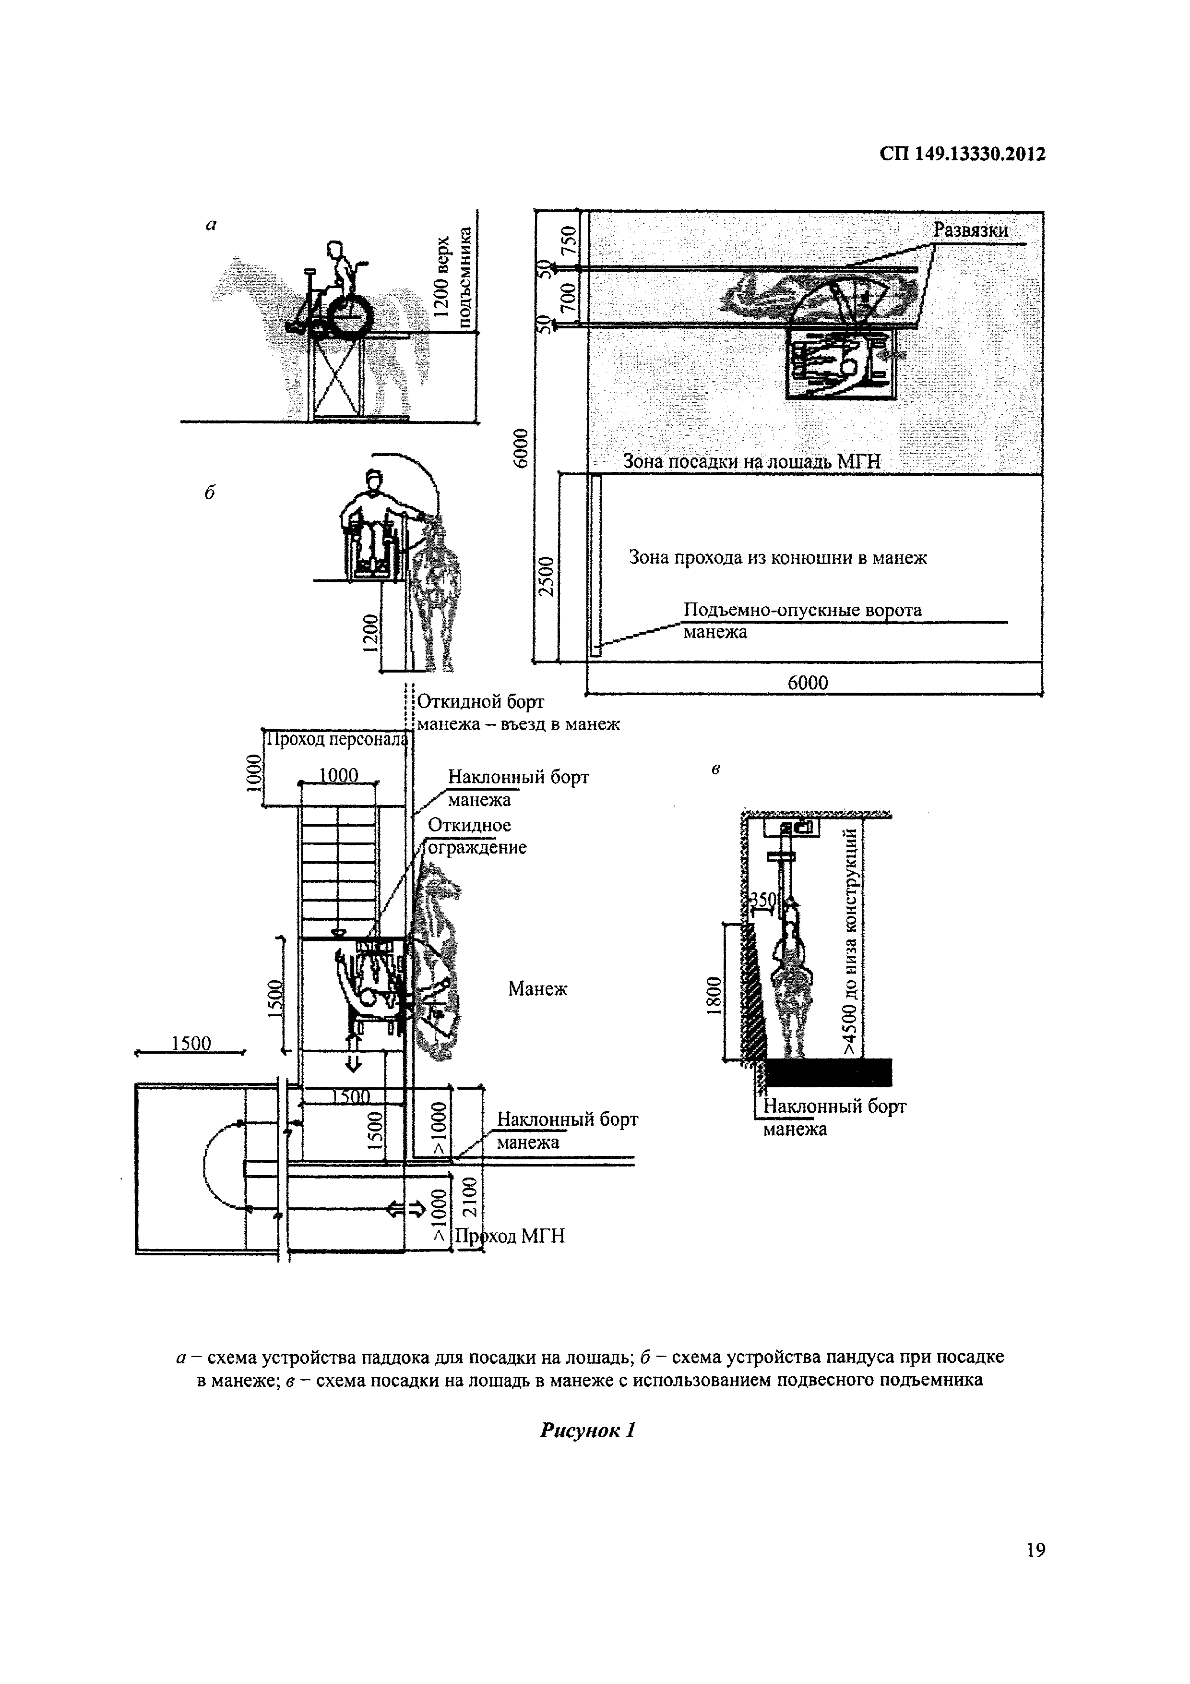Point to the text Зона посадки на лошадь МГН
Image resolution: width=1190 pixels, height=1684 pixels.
751,462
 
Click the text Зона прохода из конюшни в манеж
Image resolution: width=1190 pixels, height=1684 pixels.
778,558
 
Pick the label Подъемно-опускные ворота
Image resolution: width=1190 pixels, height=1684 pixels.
802,610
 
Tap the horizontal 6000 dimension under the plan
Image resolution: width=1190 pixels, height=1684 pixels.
807,683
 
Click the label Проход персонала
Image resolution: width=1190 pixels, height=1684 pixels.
336,739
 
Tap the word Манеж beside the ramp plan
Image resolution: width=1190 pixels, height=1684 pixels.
537,989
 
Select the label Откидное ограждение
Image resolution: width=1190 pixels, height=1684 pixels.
476,836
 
